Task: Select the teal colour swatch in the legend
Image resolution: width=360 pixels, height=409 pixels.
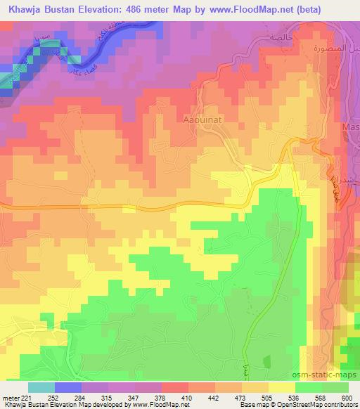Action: [x=41, y=387]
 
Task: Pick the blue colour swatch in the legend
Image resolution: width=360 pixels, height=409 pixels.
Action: [x=68, y=387]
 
